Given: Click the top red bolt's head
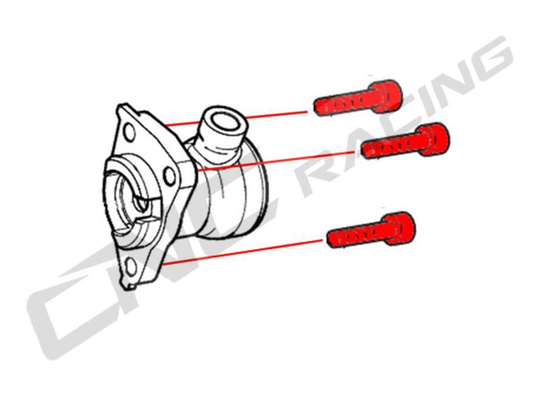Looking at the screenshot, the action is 387,97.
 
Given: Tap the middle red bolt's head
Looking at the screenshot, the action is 434,140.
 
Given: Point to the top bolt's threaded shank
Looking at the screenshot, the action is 343,105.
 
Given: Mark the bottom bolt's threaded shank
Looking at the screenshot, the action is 356,236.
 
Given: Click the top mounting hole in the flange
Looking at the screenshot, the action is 129,132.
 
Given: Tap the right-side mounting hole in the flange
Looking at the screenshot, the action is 169,176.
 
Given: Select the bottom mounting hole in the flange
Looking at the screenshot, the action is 131,267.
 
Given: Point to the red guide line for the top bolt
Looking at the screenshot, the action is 236,118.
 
